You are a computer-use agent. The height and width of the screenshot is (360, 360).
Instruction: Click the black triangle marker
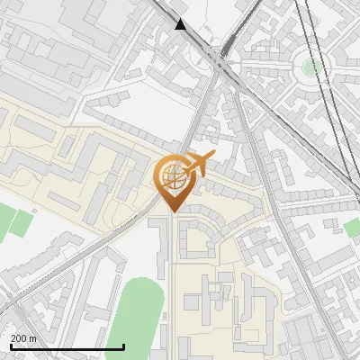(x=182, y=24)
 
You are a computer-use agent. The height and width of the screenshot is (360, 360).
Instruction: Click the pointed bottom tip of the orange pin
(x=172, y=211)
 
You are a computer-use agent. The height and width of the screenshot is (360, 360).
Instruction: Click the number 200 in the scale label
(x=18, y=338)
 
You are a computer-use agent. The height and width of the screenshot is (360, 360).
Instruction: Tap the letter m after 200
(x=33, y=338)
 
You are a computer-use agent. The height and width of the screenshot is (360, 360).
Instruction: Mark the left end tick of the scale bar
(x=10, y=345)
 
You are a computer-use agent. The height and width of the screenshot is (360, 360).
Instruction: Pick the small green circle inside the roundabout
(x=311, y=67)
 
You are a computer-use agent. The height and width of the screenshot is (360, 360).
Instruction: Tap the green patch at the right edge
(x=352, y=227)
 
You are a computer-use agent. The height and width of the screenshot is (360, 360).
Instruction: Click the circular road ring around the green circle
(x=311, y=51)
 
